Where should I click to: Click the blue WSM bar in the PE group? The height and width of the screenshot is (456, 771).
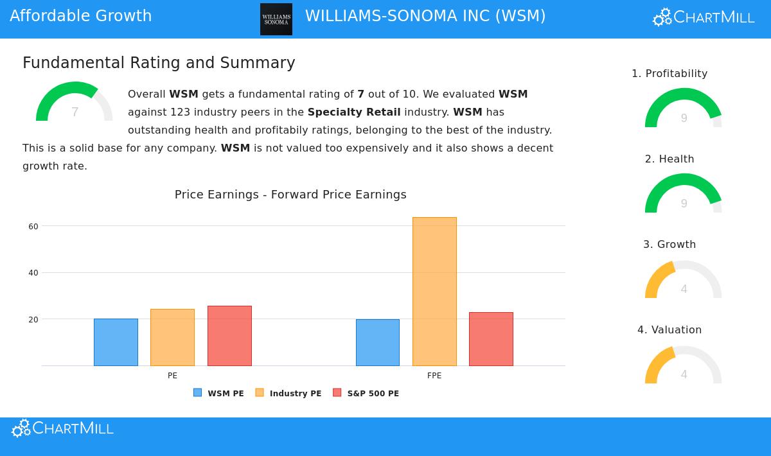116,342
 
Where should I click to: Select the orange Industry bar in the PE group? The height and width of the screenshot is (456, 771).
172,338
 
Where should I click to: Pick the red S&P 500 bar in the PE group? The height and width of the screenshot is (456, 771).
229,336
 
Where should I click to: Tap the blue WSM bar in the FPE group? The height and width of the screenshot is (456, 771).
378,343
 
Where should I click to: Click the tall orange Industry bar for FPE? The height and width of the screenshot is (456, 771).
434,292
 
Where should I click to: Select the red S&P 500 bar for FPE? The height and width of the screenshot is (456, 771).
491,339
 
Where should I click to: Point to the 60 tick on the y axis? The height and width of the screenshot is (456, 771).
33,226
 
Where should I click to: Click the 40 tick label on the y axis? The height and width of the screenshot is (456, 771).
33,273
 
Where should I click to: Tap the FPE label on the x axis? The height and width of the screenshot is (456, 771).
434,376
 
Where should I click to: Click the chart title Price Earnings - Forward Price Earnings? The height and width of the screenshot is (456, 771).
290,195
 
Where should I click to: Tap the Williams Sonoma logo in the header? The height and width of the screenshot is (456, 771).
276,19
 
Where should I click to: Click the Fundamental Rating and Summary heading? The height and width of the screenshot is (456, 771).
159,63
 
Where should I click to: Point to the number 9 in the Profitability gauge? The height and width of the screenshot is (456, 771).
684,118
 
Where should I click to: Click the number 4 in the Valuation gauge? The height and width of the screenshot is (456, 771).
684,374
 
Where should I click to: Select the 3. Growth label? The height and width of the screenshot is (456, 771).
669,245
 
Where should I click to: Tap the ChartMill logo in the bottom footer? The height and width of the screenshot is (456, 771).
63,429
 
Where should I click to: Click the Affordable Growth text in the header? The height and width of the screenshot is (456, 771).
81,16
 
